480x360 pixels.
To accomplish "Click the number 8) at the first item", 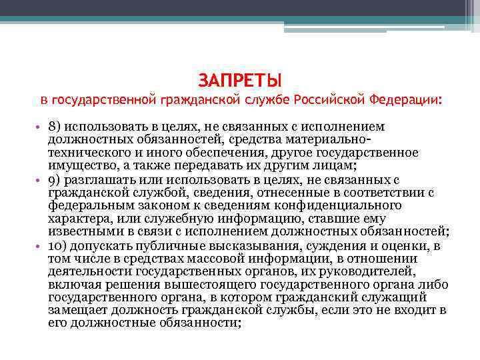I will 55,127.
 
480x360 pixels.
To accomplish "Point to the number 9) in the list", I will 55,179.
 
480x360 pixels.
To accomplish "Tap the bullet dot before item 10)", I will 39,245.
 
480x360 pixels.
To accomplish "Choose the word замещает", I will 75,309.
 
